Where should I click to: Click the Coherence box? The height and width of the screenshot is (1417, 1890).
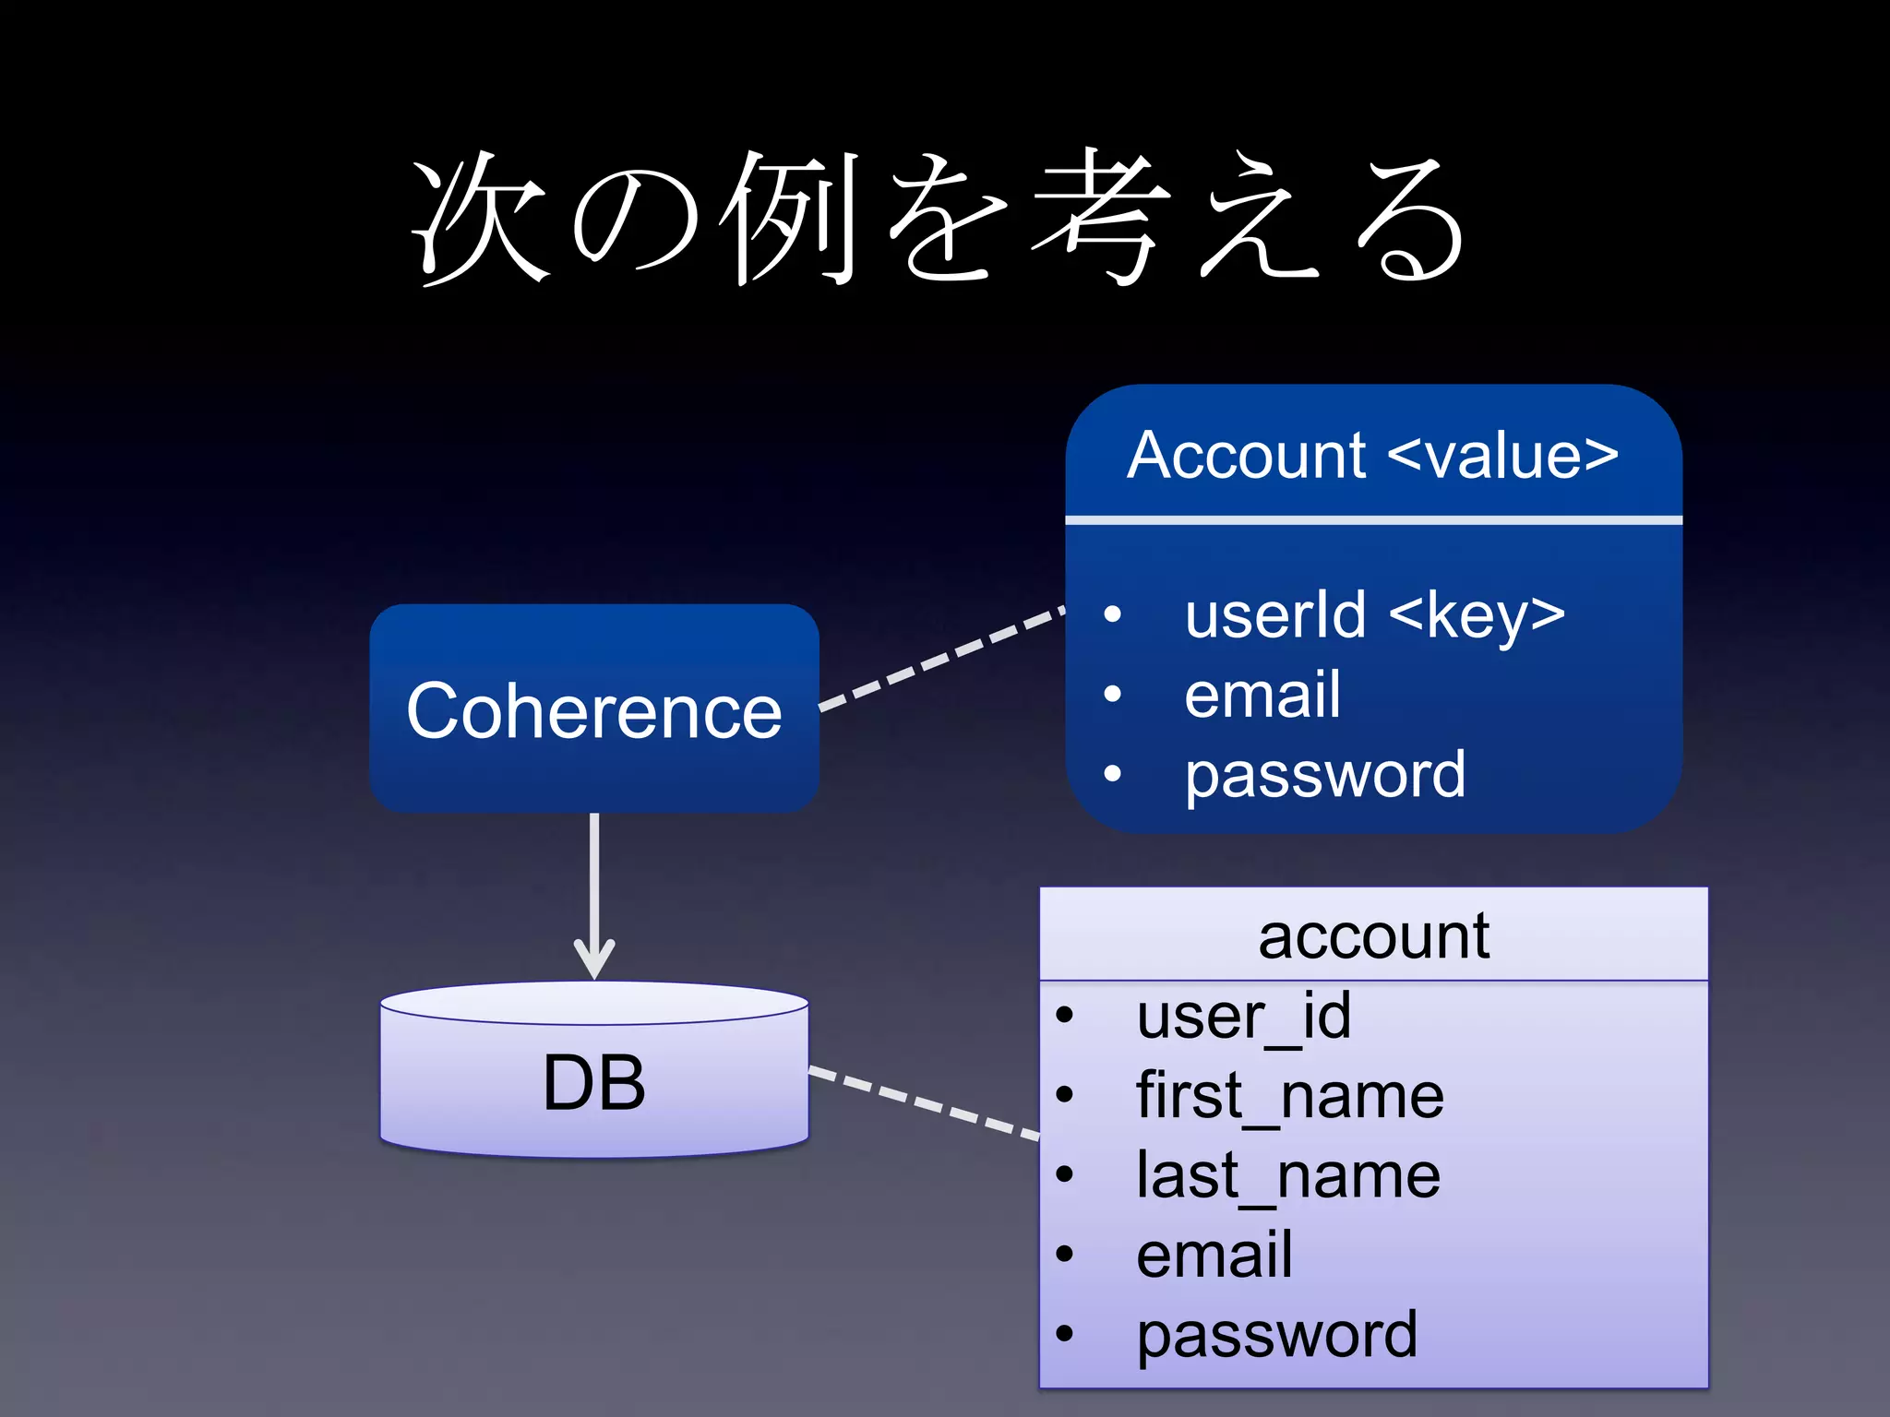(x=594, y=708)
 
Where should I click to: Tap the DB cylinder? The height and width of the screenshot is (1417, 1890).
(x=594, y=1079)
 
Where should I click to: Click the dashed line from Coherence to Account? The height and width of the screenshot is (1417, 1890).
(x=941, y=659)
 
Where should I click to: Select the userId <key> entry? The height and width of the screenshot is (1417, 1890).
(x=1374, y=615)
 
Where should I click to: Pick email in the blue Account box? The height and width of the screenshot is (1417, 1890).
(x=1262, y=695)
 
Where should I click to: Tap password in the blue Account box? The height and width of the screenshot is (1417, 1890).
(x=1324, y=775)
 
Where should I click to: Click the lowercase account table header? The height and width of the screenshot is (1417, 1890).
(x=1373, y=936)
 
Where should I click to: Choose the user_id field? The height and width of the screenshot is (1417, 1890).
(x=1243, y=1017)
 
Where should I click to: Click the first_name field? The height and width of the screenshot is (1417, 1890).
(x=1289, y=1096)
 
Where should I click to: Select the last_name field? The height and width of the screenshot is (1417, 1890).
(x=1287, y=1176)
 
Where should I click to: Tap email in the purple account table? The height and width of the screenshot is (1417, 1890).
(x=1214, y=1256)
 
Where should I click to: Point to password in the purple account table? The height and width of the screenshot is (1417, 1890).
(x=1276, y=1335)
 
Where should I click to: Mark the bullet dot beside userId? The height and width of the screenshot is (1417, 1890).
(x=1113, y=614)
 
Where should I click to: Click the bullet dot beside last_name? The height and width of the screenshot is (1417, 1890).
(x=1065, y=1175)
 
